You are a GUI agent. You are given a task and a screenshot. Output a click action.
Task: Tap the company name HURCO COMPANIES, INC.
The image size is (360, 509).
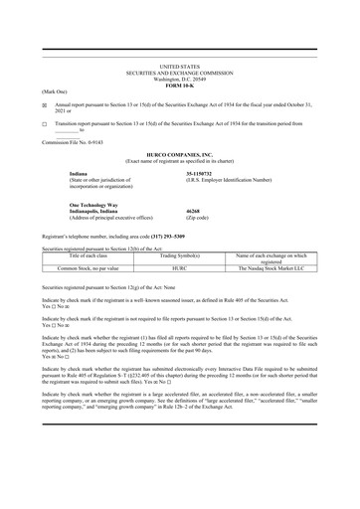click(x=179, y=156)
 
